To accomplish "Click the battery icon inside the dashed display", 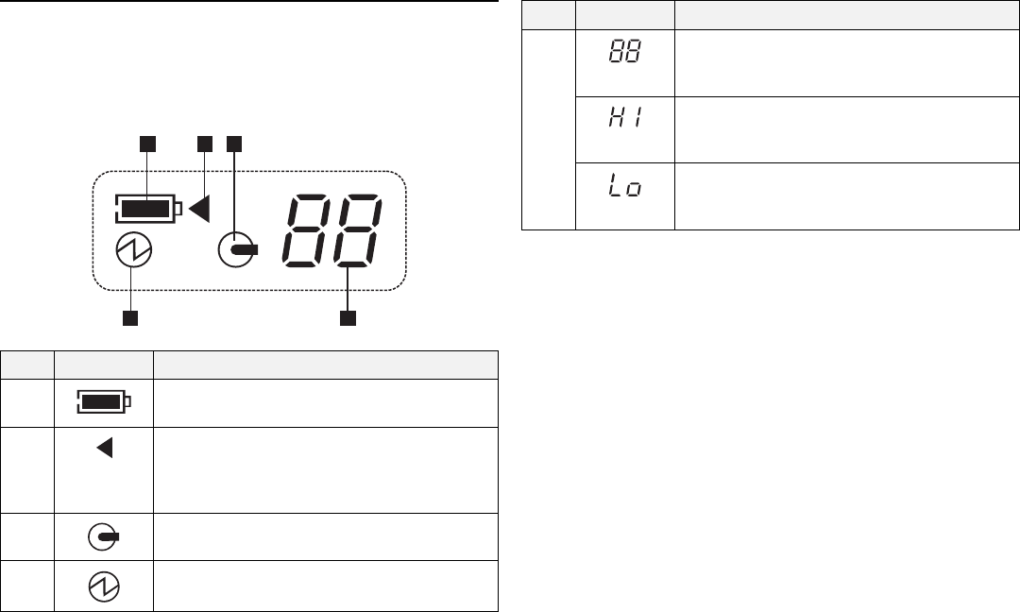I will [147, 208].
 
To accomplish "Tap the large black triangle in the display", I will [199, 208].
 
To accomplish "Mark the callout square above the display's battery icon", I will [145, 143].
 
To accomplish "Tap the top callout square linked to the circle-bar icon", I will [233, 143].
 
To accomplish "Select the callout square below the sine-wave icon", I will [130, 318].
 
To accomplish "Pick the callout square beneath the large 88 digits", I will [348, 318].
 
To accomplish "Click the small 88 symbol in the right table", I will [624, 51].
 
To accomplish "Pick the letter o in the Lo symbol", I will [634, 190].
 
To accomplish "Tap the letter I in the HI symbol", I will [636, 120].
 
